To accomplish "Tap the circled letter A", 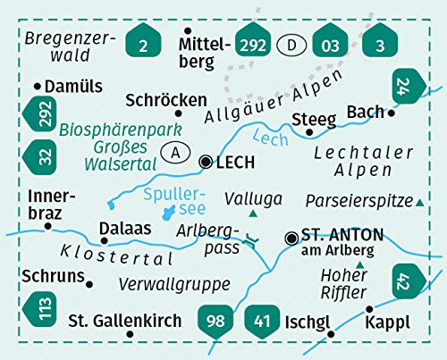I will (176, 154).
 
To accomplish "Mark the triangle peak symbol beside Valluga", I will (255, 214).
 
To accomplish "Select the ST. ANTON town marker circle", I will (291, 238).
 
